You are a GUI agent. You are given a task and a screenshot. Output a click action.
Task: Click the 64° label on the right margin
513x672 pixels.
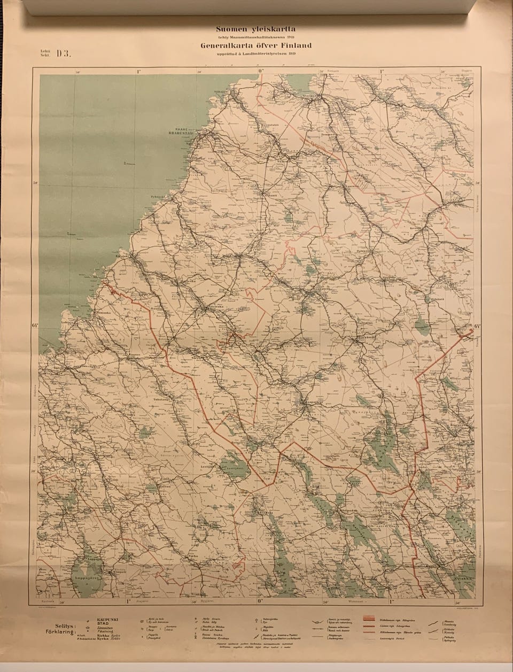[x=477, y=326]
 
